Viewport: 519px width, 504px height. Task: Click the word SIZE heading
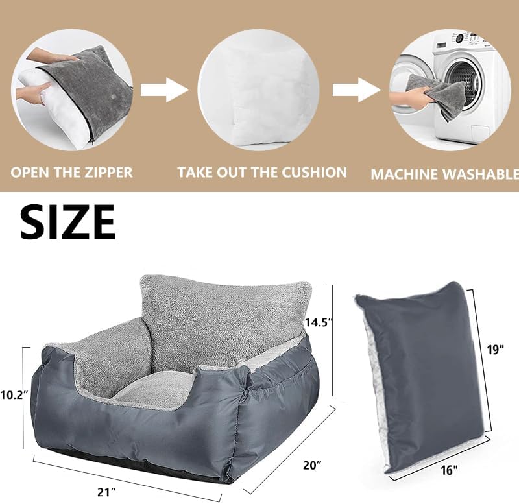point(67,222)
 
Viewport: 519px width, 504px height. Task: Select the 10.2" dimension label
point(12,395)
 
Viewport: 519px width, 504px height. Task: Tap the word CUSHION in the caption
point(314,172)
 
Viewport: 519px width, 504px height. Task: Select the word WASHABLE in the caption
point(487,174)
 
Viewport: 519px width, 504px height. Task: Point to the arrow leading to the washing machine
point(356,89)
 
